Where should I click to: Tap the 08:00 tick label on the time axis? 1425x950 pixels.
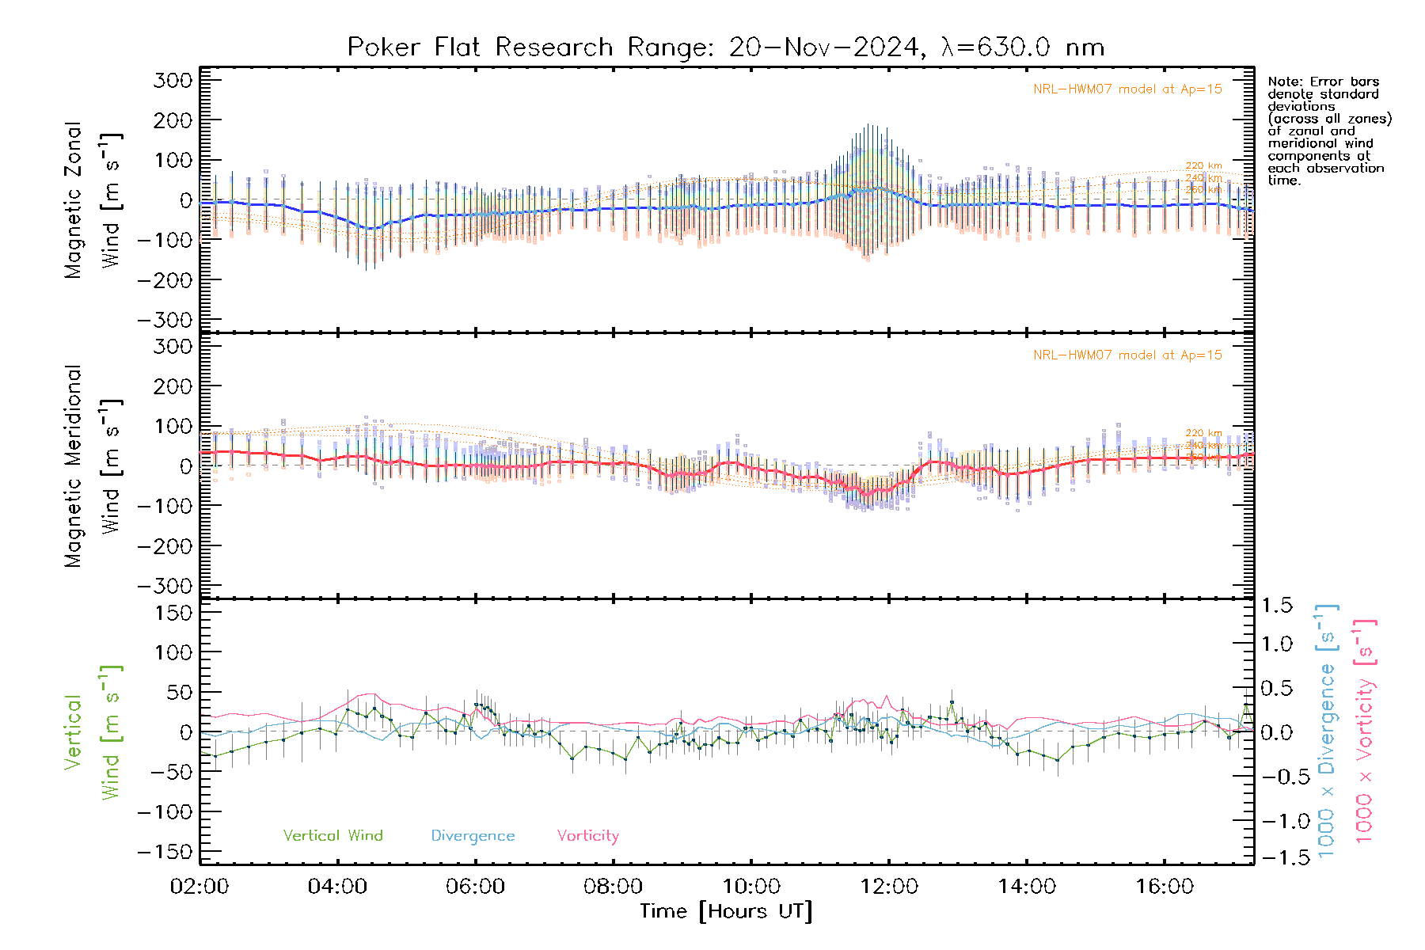pos(613,887)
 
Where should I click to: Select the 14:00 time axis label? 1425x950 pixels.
pos(1027,887)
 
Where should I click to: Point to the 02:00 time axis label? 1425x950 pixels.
pos(199,887)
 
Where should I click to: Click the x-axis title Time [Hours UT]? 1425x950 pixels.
pos(726,911)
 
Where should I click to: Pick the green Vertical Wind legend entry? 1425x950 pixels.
pos(332,836)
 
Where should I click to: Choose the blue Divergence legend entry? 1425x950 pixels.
pos(473,836)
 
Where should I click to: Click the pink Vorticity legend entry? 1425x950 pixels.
pos(587,836)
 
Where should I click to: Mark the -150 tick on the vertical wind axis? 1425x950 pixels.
pos(165,852)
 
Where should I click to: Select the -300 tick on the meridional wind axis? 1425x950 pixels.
pos(165,586)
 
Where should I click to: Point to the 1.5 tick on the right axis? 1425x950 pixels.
pos(1277,606)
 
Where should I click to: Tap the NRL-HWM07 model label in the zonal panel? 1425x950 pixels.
pos(1127,89)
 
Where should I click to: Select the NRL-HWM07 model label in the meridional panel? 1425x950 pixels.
pos(1127,355)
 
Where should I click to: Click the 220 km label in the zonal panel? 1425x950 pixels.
pos(1203,166)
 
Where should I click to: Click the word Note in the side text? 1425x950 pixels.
pos(1284,82)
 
